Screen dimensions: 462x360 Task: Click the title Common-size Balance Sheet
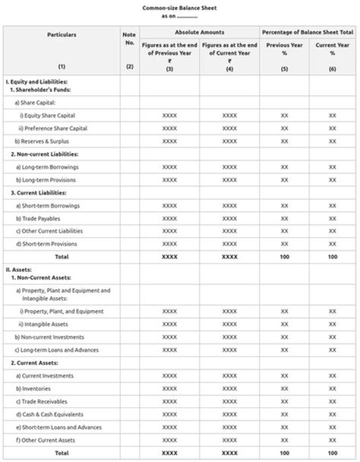pos(179,8)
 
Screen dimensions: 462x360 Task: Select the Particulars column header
pos(61,35)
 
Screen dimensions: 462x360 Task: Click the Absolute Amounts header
pos(199,32)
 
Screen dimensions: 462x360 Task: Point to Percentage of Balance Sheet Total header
pos(307,32)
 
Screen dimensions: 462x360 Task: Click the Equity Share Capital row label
pos(47,115)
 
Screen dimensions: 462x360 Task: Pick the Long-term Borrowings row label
pos(47,167)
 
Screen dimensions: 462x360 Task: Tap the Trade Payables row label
pos(40,218)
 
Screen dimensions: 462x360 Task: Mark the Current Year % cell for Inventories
pos(332,388)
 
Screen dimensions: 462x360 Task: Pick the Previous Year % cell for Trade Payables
pos(284,218)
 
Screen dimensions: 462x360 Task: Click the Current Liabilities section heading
pos(38,192)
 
